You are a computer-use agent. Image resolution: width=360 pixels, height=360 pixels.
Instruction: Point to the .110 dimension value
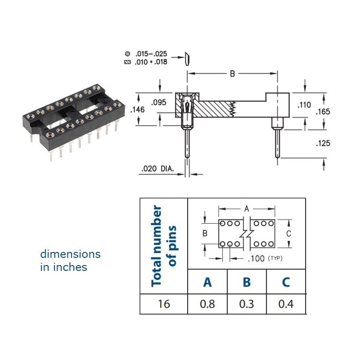tap(304, 105)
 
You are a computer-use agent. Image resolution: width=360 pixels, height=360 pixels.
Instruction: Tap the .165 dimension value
tap(324, 111)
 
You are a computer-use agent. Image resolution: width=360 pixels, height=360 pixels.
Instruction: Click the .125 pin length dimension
tap(324, 143)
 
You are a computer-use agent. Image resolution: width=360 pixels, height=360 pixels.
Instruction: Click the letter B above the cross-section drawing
tap(232, 74)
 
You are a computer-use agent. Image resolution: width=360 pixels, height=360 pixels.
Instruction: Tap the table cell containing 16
tap(164, 304)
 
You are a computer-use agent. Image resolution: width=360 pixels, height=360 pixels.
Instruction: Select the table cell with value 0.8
tap(207, 304)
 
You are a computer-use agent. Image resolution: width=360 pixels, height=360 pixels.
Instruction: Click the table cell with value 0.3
tap(247, 304)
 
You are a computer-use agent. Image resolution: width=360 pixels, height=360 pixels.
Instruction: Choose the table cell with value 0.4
tap(286, 304)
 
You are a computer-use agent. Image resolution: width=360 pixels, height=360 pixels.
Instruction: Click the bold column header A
tap(207, 282)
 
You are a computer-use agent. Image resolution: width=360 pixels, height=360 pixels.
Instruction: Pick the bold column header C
tap(286, 282)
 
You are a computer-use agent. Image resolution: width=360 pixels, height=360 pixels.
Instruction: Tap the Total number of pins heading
tap(163, 246)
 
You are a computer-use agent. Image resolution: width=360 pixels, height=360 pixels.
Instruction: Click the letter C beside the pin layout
tap(288, 234)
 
